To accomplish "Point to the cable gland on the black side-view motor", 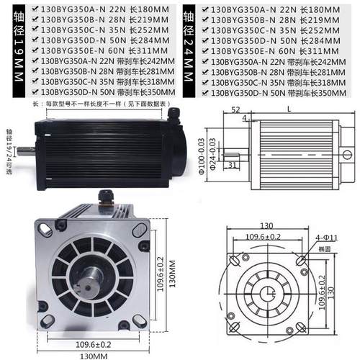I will coord(174,114).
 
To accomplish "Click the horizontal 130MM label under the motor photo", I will coord(89,354).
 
